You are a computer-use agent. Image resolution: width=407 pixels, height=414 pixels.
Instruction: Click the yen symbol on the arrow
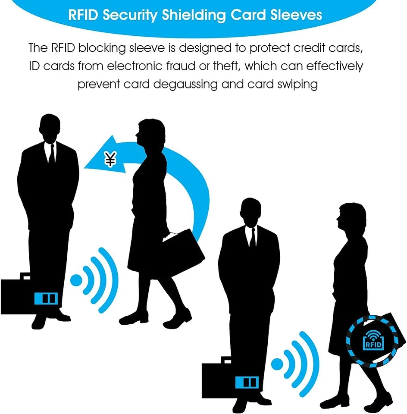point(111,160)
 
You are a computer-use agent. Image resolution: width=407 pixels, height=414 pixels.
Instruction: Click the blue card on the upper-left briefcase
point(46,298)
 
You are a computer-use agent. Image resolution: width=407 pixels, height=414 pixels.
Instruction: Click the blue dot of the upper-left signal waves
point(76,280)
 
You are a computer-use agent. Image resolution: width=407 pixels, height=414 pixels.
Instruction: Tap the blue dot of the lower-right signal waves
point(277,364)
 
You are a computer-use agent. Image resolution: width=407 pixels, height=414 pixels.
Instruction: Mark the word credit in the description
point(312,47)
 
